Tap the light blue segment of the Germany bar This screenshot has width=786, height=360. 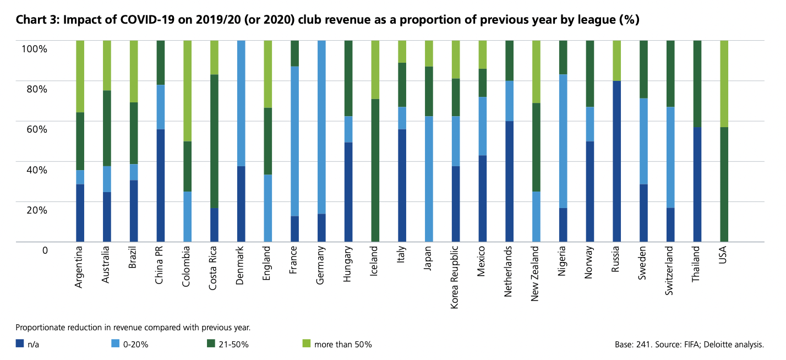point(321,127)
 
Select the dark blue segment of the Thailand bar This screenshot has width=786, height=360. point(697,184)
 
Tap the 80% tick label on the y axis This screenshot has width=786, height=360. point(35,89)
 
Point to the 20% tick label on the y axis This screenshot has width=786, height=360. point(35,210)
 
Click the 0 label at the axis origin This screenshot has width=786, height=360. point(45,250)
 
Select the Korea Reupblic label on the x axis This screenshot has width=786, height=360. point(455,277)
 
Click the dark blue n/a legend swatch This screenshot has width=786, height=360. point(19,345)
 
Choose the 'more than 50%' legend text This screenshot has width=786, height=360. point(343,345)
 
